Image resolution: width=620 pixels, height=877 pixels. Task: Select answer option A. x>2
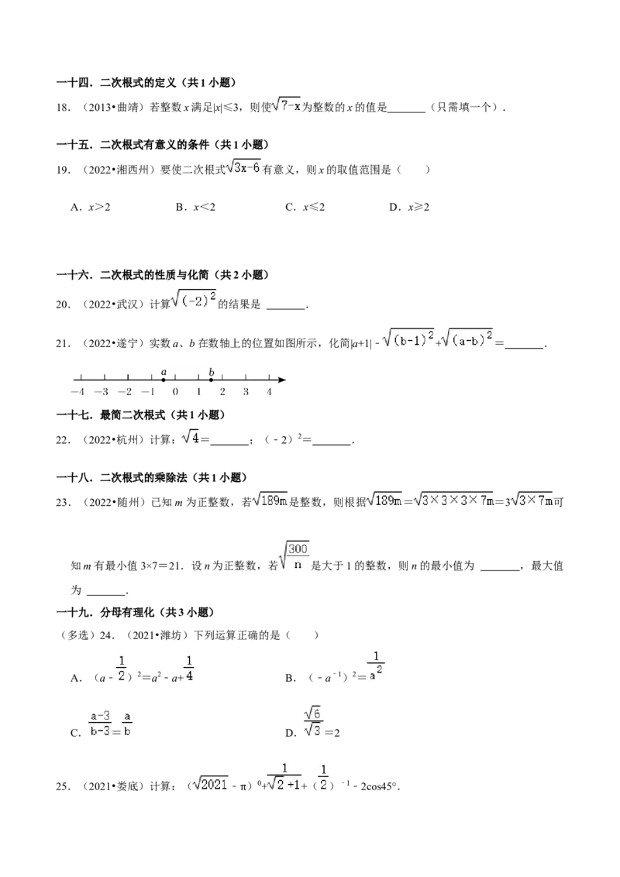point(91,207)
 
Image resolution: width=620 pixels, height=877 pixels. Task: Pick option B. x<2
point(195,207)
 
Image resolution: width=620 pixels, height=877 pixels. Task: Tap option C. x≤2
point(305,207)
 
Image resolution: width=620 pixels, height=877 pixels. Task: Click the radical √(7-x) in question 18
point(287,105)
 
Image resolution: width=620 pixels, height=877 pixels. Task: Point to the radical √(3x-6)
point(243,167)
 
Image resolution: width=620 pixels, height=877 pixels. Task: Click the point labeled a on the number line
point(164,380)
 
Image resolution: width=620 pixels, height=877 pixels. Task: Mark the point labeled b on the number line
point(211,380)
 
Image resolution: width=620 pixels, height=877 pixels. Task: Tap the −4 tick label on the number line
point(77,392)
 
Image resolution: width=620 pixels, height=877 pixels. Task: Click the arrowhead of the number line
point(282,380)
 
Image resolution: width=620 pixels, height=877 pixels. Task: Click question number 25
point(63,786)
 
